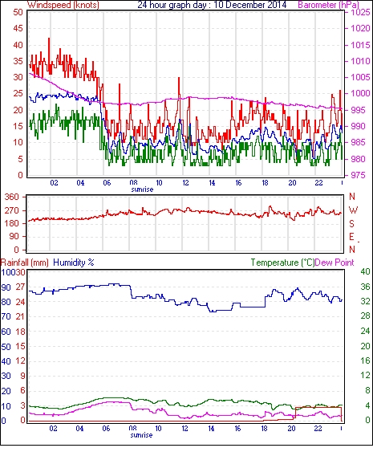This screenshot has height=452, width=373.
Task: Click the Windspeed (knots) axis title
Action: (x=63, y=5)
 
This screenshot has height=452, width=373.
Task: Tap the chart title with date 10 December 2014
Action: (x=212, y=5)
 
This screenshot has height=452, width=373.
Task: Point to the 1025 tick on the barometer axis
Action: (x=360, y=12)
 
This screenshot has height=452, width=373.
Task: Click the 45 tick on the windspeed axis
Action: (x=18, y=29)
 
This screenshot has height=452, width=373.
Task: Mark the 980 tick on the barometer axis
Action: (x=359, y=159)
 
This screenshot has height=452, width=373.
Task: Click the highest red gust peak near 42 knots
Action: (x=49, y=39)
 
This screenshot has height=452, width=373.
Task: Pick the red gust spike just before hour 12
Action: (x=179, y=78)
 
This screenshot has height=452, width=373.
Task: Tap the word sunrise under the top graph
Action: (x=142, y=189)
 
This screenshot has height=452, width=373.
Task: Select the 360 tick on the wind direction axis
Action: (x=12, y=197)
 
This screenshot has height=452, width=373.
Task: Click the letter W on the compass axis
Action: (x=353, y=210)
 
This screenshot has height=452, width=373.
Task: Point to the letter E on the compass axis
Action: (x=351, y=237)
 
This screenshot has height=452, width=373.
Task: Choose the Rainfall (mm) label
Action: (x=25, y=263)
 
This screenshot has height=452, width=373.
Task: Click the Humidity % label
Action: (x=74, y=263)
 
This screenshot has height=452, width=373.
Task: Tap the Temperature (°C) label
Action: (x=282, y=263)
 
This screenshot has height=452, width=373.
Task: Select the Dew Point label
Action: (x=334, y=263)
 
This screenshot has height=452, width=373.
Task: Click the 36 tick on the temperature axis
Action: (x=365, y=287)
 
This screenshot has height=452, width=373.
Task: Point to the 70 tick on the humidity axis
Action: (x=6, y=316)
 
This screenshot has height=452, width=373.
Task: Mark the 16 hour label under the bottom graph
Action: (x=237, y=429)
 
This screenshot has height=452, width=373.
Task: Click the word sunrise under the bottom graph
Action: (x=141, y=434)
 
